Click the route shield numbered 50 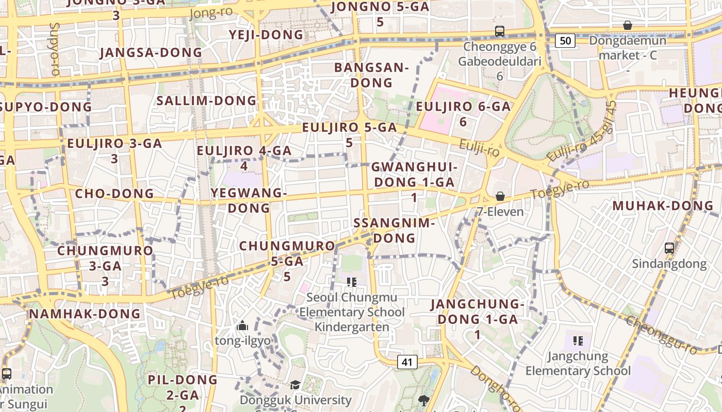tap(565, 41)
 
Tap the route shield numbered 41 tap(407, 362)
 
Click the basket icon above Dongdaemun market tap(628, 25)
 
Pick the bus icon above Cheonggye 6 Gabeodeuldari tap(499, 31)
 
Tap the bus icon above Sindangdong tap(669, 248)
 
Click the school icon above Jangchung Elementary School tap(578, 340)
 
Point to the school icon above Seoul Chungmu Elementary tap(352, 282)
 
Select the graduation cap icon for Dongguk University tap(295, 385)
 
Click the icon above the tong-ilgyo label tap(242, 325)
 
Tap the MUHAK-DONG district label tap(663, 206)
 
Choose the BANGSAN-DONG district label tap(371, 75)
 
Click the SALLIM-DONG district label tap(206, 100)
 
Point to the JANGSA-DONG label tap(151, 53)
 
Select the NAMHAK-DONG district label tap(85, 314)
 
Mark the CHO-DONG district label tap(114, 194)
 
